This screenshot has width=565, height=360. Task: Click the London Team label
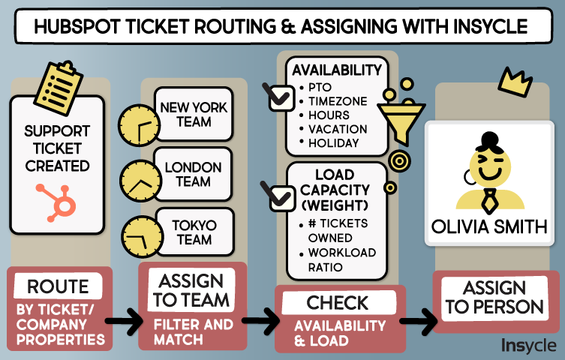point(194,174)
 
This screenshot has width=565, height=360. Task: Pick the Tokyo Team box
point(194,232)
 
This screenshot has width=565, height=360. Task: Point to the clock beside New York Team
point(140,124)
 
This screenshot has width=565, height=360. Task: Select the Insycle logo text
point(528,345)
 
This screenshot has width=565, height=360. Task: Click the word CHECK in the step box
point(338,304)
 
